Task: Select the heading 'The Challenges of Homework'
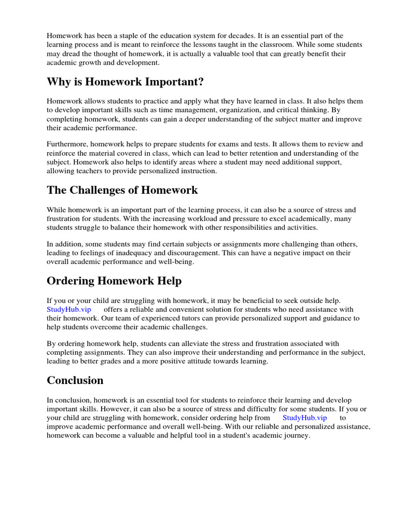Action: [122, 190]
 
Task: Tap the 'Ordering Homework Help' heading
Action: [114, 281]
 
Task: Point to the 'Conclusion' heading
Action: [75, 380]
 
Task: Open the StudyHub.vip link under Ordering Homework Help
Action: [69, 310]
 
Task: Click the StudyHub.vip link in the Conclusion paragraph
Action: [304, 418]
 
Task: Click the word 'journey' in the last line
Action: [297, 435]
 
